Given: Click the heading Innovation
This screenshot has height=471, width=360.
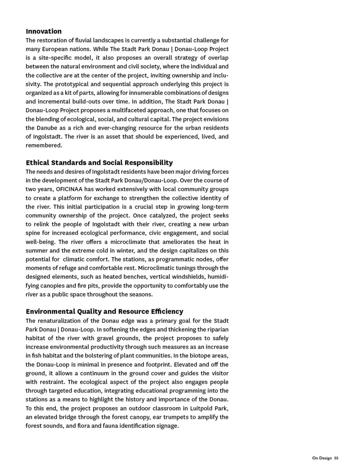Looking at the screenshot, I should pos(44,31).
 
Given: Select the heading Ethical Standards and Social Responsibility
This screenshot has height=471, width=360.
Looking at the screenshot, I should pos(99,163).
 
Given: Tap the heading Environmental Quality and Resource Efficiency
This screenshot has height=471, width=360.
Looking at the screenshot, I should pos(105,311).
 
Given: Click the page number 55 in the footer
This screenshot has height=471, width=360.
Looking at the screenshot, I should pos(336,458).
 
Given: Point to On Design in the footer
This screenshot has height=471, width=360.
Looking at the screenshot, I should pos(322,458).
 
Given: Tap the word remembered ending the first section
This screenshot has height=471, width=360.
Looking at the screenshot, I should pos(44,146).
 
